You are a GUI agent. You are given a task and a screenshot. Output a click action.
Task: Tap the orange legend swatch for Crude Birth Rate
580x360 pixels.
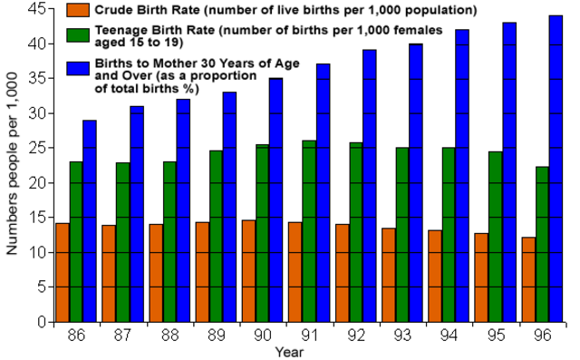coord(79,11)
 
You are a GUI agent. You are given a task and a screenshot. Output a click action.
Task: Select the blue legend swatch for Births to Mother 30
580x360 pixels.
coord(79,69)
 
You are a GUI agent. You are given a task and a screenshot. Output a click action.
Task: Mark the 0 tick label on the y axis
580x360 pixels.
coord(41,322)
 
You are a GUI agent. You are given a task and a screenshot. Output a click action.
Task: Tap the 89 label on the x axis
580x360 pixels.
coord(216,335)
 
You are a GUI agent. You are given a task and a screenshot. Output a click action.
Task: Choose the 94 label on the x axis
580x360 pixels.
coord(449,335)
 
